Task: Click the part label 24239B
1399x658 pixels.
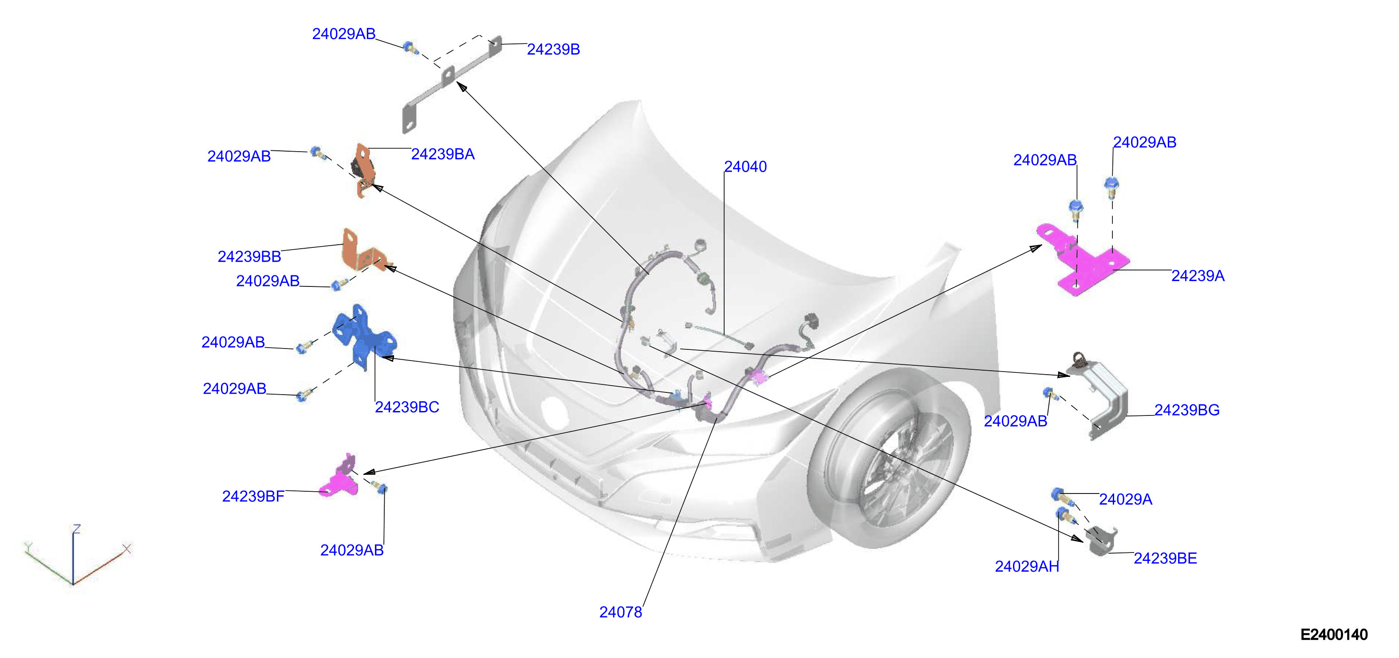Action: [x=553, y=49]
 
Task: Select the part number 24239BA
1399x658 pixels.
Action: [x=443, y=154]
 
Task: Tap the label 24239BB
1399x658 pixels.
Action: [x=249, y=256]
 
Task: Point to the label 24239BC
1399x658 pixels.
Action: [x=407, y=407]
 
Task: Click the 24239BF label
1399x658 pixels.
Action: [x=253, y=496]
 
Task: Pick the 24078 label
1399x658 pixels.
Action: [x=620, y=612]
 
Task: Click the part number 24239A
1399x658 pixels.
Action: [x=1198, y=276]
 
